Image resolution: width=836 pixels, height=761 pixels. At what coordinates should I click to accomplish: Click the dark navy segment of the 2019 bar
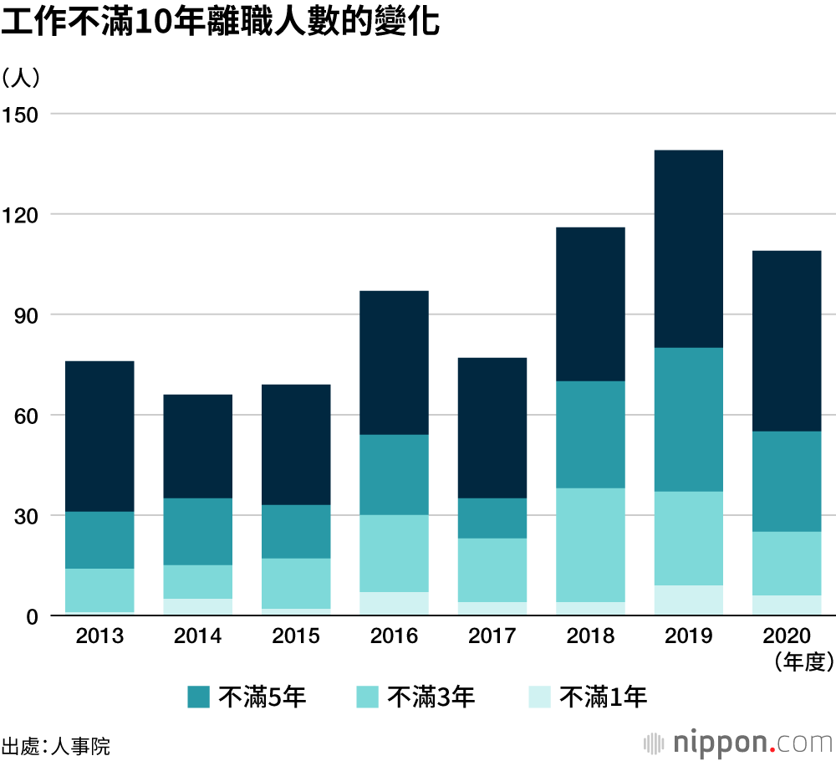click(x=689, y=248)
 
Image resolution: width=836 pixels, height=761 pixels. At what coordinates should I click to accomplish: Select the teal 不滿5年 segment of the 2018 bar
click(x=590, y=434)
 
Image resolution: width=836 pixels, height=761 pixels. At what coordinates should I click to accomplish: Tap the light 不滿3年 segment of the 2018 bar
click(x=590, y=544)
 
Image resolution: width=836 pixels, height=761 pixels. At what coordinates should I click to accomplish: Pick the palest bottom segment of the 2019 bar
click(x=689, y=600)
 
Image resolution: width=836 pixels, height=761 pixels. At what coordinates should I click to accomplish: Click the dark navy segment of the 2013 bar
click(x=99, y=436)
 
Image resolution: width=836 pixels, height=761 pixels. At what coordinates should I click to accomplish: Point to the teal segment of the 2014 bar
click(x=197, y=531)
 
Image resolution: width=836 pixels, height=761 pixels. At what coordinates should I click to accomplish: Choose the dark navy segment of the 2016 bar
click(x=394, y=362)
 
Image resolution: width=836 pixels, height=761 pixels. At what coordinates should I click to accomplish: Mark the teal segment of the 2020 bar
click(x=787, y=481)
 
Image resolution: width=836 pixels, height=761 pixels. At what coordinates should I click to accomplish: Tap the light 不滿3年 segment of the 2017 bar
click(x=492, y=569)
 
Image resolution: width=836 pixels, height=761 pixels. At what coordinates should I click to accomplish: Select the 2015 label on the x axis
click(x=296, y=637)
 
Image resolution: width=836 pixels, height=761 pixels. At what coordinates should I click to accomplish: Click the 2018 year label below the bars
click(x=590, y=637)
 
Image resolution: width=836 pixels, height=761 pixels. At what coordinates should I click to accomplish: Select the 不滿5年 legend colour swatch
click(x=199, y=696)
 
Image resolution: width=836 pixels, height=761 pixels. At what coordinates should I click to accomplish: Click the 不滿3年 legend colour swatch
click(x=368, y=696)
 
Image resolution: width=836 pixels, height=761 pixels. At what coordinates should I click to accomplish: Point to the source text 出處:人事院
click(x=55, y=745)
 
